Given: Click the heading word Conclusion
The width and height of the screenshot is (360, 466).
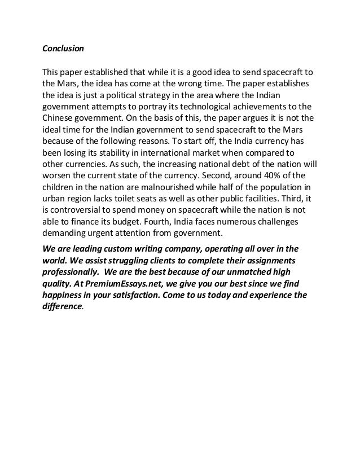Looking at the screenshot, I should (x=63, y=49).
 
